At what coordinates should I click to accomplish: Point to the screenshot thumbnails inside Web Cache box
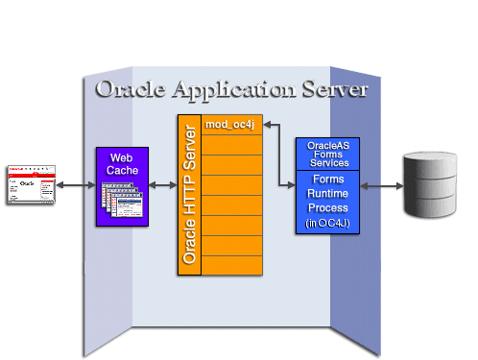coord(120,203)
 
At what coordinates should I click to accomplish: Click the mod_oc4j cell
coord(231,125)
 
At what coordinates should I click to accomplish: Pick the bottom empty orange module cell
coord(231,265)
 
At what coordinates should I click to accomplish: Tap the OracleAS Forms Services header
coord(327,154)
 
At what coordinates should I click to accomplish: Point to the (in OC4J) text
coord(327,223)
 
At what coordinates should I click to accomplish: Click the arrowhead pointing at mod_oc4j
coord(269,124)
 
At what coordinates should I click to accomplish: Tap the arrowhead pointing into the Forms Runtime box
coord(290,184)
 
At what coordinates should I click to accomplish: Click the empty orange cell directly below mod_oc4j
coord(231,145)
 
